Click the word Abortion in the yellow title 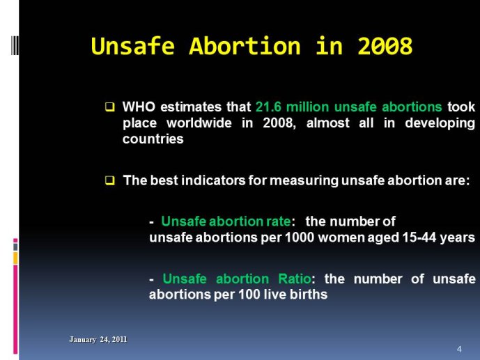[245, 46]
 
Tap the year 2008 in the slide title [385, 46]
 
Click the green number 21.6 [268, 107]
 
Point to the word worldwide [199, 123]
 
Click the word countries [153, 139]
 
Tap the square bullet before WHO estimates [110, 107]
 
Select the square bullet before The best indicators [110, 180]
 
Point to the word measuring [304, 181]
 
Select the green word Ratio [295, 279]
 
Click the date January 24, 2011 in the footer [98, 340]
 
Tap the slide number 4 [459, 349]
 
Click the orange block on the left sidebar [15, 258]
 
